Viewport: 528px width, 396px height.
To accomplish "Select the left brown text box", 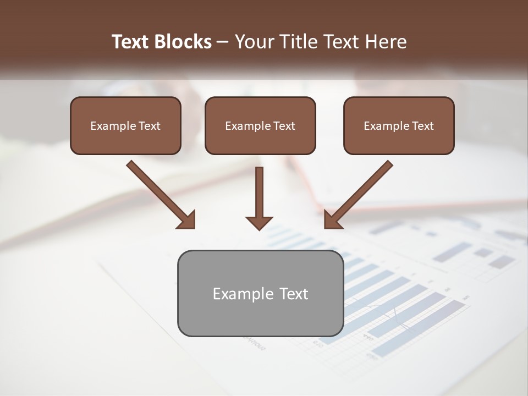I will tap(125, 125).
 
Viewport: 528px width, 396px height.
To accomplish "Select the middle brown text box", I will tap(260, 125).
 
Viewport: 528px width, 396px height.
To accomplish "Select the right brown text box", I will tap(399, 125).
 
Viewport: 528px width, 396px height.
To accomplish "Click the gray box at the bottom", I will tap(260, 293).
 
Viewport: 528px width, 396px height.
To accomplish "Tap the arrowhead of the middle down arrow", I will tap(259, 223).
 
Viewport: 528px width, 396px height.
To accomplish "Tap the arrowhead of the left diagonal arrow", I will tap(187, 220).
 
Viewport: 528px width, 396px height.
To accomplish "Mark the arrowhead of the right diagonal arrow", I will tap(332, 220).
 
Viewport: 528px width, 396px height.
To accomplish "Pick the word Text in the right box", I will tap(422, 126).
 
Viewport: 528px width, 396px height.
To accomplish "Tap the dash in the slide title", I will tap(223, 42).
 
